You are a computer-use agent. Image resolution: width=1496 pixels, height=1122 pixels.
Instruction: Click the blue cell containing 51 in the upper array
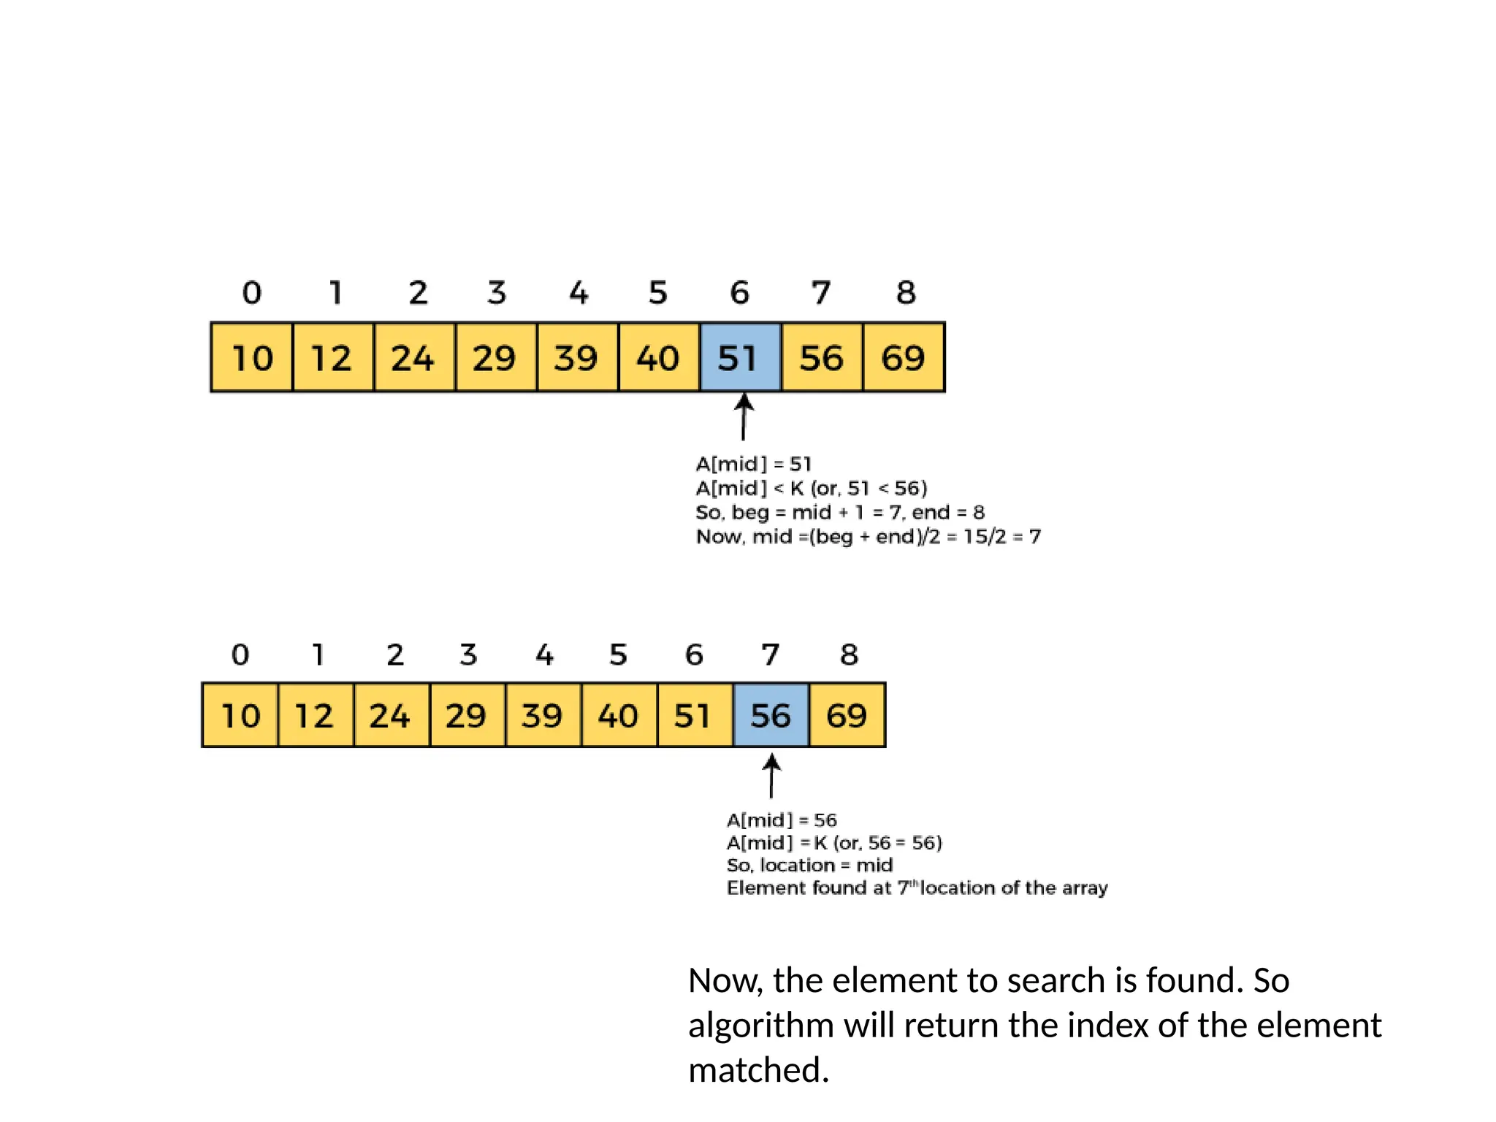pos(740,358)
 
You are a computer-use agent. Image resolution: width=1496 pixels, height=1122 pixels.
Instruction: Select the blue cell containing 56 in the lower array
pos(771,715)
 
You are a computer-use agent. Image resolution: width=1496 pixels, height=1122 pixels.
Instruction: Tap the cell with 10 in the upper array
pos(252,358)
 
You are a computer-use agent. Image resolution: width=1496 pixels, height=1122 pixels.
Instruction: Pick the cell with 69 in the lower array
pos(847,715)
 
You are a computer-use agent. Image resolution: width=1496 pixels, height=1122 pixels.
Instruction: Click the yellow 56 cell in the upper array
pos(822,358)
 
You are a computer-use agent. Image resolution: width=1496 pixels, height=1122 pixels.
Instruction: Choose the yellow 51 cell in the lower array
pos(694,715)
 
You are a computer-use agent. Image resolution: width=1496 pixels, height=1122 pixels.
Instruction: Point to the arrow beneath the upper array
pos(744,417)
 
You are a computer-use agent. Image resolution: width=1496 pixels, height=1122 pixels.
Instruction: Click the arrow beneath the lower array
pos(771,776)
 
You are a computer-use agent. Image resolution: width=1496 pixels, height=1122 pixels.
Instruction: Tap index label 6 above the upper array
pos(739,293)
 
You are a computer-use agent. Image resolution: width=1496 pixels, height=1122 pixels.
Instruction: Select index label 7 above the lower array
pos(770,654)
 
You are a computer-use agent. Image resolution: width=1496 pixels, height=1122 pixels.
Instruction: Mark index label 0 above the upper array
pos(251,293)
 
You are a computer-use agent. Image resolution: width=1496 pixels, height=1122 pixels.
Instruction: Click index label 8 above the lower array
pos(848,654)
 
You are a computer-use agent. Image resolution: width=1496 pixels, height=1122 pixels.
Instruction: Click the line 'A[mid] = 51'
pos(753,464)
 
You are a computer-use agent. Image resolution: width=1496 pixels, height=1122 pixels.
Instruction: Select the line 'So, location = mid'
pos(809,865)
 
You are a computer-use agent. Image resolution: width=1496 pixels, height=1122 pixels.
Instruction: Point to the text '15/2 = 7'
pos(1001,536)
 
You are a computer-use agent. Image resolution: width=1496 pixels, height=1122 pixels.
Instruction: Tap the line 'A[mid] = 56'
pos(782,820)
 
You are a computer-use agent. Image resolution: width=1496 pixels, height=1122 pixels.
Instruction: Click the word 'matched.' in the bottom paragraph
pos(758,1069)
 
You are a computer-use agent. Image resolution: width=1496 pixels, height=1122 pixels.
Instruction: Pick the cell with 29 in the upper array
pos(495,358)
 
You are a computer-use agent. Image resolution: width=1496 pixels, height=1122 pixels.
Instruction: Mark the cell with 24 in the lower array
pos(390,715)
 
